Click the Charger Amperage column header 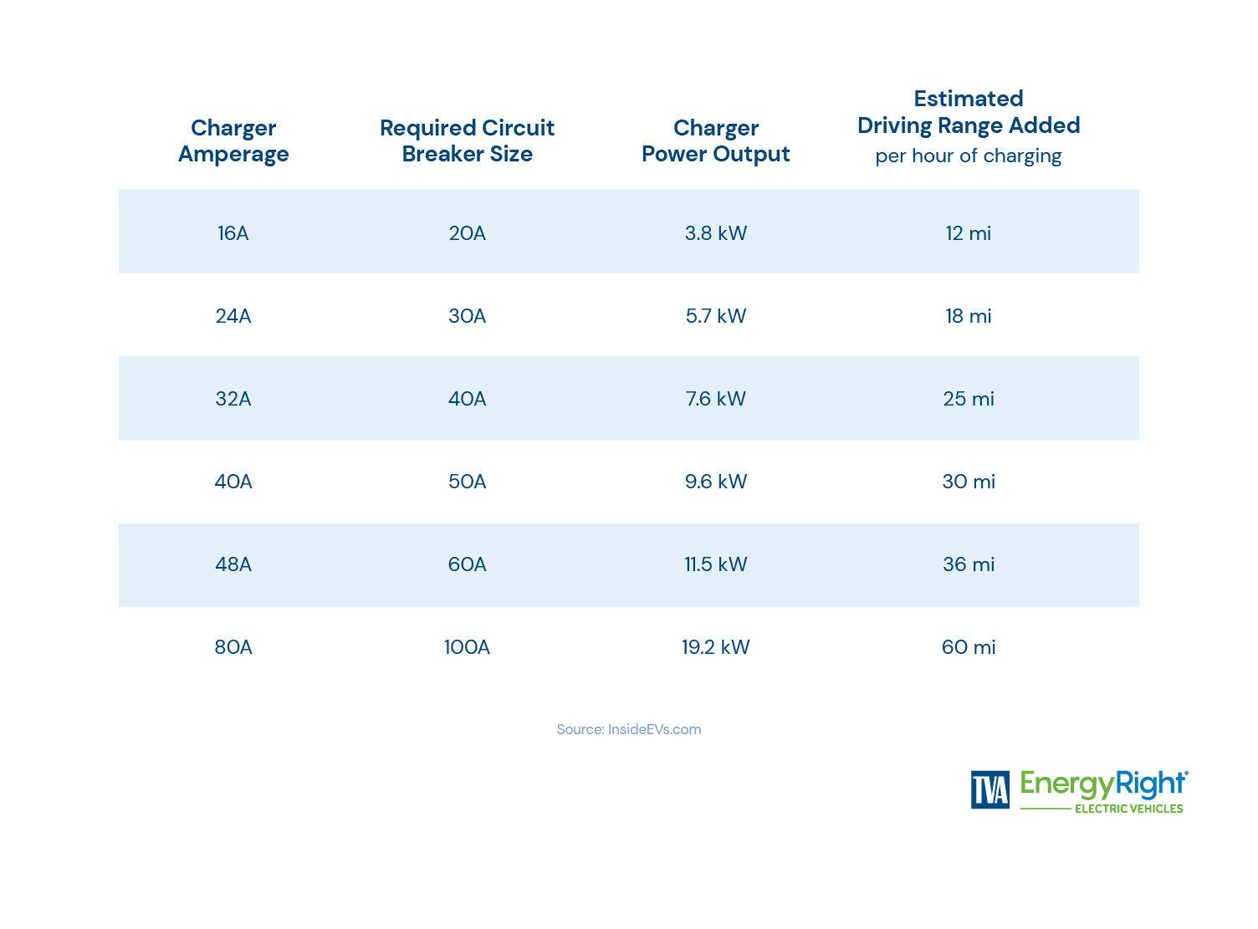233,140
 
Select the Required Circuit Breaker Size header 467,140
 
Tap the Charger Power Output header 716,140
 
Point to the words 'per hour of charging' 968,156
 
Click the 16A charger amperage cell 233,233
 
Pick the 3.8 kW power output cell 716,233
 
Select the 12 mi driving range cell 968,233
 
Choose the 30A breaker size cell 467,316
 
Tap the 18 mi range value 968,316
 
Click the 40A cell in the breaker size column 467,399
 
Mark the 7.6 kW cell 716,399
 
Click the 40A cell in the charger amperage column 233,482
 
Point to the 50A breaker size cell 467,482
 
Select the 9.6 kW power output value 716,482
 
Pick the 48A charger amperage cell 233,564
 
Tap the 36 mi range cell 968,564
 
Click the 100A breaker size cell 467,647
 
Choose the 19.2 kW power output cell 716,647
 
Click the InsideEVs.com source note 629,729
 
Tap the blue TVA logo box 990,789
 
